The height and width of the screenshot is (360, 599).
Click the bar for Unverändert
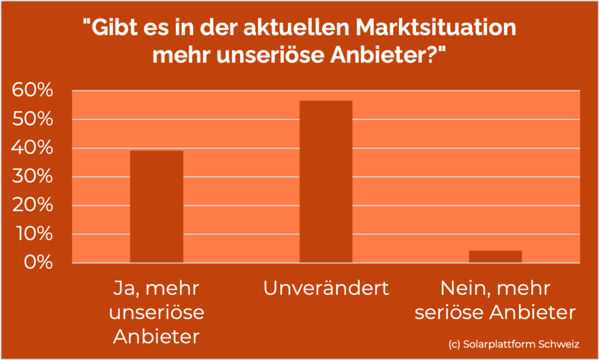click(x=326, y=181)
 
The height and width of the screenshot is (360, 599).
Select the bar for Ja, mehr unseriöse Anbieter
click(x=156, y=207)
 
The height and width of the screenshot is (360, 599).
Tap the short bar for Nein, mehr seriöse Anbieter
click(x=495, y=256)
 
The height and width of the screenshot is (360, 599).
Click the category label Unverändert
click(x=326, y=288)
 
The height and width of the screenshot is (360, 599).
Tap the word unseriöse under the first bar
click(x=157, y=313)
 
